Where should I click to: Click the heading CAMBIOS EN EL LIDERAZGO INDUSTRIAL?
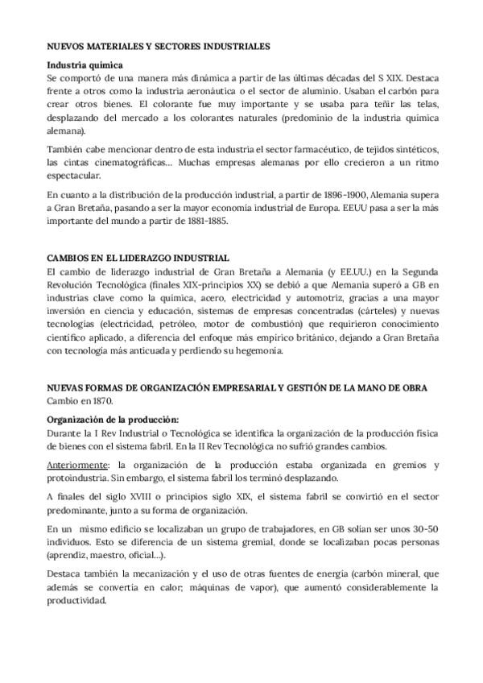(138, 258)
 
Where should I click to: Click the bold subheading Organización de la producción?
(113, 419)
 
